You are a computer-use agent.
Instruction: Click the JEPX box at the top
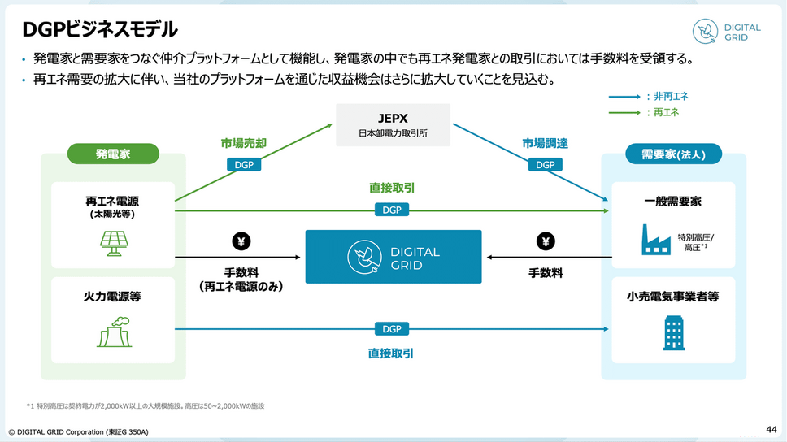pyautogui.click(x=393, y=124)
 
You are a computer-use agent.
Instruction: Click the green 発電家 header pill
pyautogui.click(x=113, y=153)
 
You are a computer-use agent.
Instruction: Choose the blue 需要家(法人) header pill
pyautogui.click(x=673, y=153)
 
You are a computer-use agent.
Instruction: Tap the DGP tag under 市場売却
pyautogui.click(x=243, y=164)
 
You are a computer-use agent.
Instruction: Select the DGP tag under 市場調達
pyautogui.click(x=545, y=164)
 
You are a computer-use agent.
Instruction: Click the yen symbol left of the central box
pyautogui.click(x=241, y=241)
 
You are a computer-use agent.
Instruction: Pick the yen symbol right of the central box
pyautogui.click(x=546, y=241)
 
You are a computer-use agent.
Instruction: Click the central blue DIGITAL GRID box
pyautogui.click(x=393, y=257)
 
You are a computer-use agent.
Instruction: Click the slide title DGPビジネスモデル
pyautogui.click(x=100, y=30)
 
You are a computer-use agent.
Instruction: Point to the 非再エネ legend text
pyautogui.click(x=667, y=96)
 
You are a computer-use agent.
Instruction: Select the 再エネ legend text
pyautogui.click(x=663, y=112)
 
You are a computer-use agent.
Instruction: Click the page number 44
pyautogui.click(x=771, y=428)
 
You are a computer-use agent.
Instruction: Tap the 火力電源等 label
pyautogui.click(x=113, y=297)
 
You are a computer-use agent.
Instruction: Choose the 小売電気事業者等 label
pyautogui.click(x=673, y=297)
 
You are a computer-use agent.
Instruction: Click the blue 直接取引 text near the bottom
pyautogui.click(x=391, y=354)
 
